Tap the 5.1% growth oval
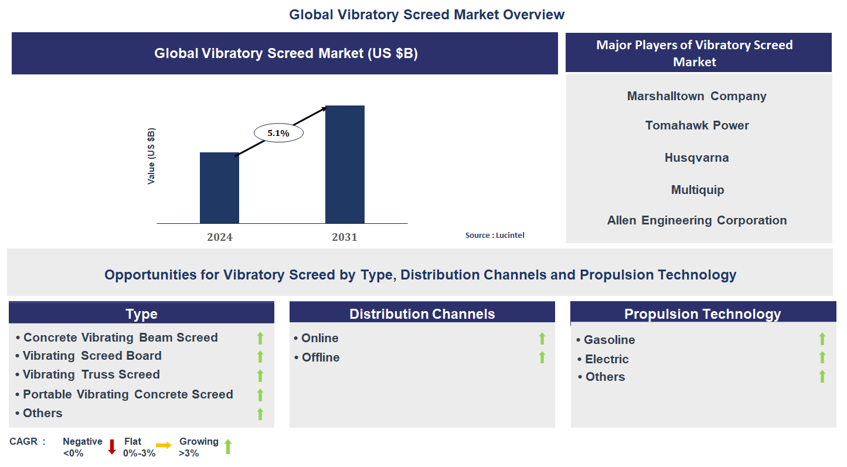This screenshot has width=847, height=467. coord(278,133)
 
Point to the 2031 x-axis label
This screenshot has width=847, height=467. coord(345,237)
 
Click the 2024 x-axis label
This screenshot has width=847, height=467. coord(219,237)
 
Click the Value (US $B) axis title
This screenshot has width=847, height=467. coord(151,156)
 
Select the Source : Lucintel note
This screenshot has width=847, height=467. coord(495,235)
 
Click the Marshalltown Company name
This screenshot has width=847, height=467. coord(696,96)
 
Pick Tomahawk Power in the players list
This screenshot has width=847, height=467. coord(697,125)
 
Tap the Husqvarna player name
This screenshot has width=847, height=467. coord(696,158)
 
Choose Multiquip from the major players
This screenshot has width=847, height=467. coord(697,190)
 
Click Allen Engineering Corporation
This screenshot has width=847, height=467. coord(697,220)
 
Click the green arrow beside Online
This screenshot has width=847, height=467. coord(542,338)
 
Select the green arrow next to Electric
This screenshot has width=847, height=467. coord(822,357)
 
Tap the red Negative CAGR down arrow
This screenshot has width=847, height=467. coord(112,447)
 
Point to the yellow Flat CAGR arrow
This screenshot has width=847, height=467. coord(164,446)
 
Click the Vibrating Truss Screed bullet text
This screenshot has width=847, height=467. coord(91,374)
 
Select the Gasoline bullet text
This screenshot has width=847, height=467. coord(609,340)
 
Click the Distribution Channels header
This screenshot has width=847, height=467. coord(422,313)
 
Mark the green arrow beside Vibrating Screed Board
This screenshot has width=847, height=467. coord(260,356)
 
